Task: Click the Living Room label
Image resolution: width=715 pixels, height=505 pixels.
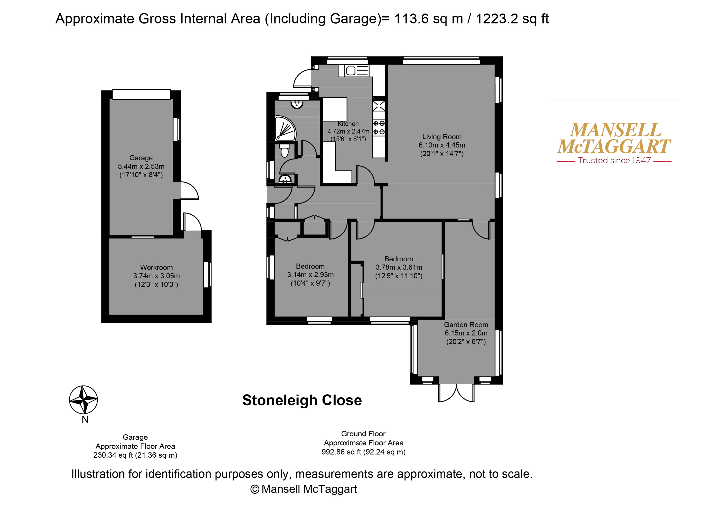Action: click(x=442, y=137)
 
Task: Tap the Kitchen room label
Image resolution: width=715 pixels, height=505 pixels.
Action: click(x=348, y=124)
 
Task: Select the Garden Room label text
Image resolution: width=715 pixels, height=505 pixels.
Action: click(x=466, y=325)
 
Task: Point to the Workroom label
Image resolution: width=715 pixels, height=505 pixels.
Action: click(x=156, y=268)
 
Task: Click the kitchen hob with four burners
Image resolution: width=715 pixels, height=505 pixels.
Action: click(x=379, y=128)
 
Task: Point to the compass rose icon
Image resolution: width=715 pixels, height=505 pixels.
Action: click(x=84, y=400)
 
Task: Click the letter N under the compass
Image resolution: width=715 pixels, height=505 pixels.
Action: click(x=85, y=420)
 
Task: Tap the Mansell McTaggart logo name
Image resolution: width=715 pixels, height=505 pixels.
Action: click(x=614, y=138)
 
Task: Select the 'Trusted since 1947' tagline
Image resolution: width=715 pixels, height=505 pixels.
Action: click(x=614, y=161)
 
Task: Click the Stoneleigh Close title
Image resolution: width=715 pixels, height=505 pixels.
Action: click(x=302, y=400)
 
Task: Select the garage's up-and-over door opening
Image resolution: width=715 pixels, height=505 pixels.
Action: click(x=141, y=94)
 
